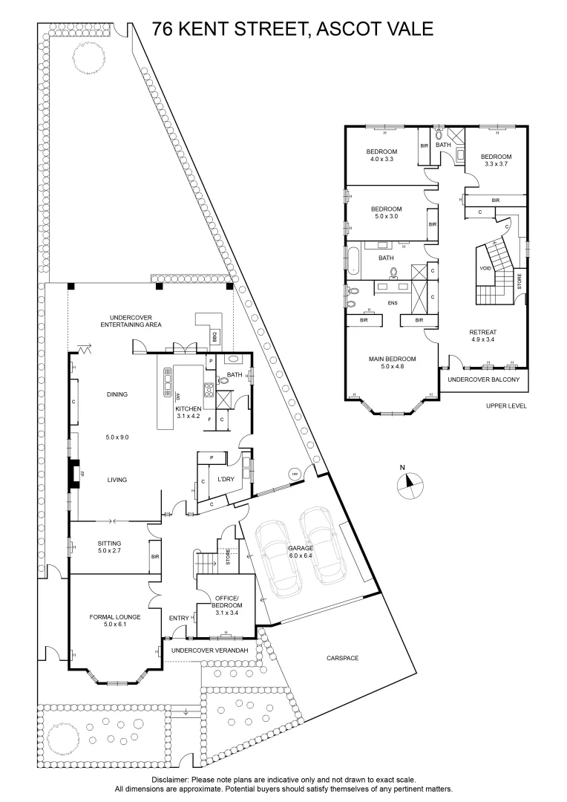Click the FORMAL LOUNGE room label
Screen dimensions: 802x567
(115, 621)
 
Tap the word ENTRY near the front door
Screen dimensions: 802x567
(178, 618)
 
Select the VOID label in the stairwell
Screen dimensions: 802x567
(485, 268)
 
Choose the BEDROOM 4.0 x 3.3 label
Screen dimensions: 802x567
(381, 155)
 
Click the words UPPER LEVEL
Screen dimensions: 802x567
(506, 406)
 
